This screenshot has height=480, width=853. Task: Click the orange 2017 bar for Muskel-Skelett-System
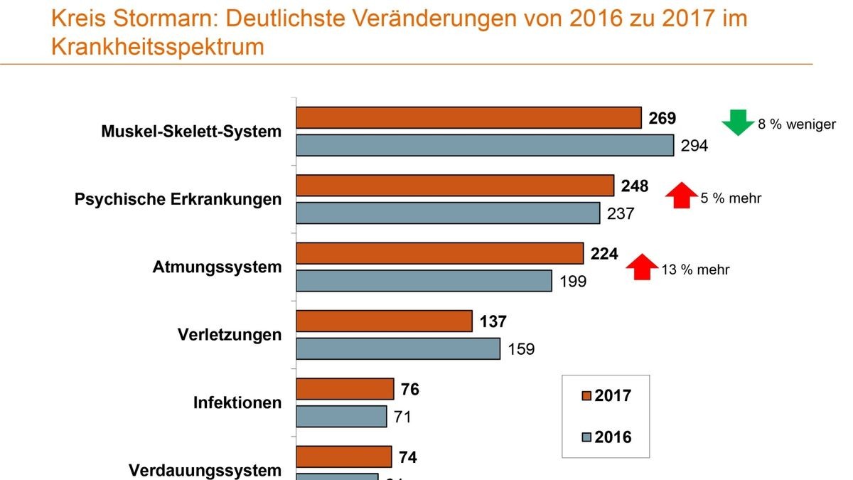[x=468, y=118]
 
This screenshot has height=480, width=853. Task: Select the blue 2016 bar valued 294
[x=484, y=145]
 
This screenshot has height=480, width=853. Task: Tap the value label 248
[x=634, y=186]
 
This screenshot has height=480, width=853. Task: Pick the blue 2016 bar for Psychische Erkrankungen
[x=448, y=213]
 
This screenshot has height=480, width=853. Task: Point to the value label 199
[x=573, y=282]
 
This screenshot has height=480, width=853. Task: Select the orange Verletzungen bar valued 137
[x=384, y=321]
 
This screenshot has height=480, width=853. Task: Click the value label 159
[x=521, y=349]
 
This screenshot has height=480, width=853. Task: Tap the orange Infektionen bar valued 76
[x=345, y=389]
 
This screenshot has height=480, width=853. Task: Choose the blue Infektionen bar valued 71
[x=341, y=416]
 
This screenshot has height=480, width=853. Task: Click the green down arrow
[x=738, y=122]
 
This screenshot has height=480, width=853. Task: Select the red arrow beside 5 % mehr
[x=681, y=195]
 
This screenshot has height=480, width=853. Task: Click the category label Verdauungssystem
[x=205, y=470]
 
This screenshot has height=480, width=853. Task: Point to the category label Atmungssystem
[x=217, y=267]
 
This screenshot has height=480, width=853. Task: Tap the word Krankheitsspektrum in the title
[x=158, y=47]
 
